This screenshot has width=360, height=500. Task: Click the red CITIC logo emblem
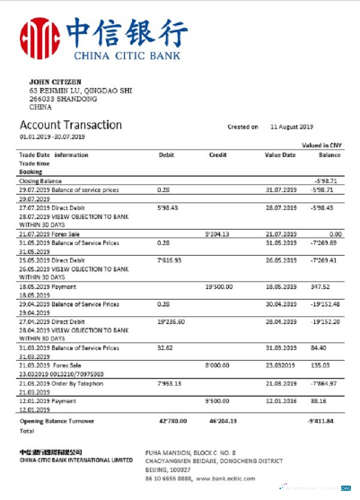[x=36, y=39]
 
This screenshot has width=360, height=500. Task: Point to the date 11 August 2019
[x=296, y=127]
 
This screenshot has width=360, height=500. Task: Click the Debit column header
[x=166, y=154]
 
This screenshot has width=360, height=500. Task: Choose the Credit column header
[x=217, y=154]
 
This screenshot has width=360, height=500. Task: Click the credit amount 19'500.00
[x=220, y=286]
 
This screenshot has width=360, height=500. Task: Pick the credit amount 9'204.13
[x=219, y=234]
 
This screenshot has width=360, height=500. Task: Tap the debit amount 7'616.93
[x=170, y=259]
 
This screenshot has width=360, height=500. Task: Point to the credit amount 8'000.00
[x=219, y=365]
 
